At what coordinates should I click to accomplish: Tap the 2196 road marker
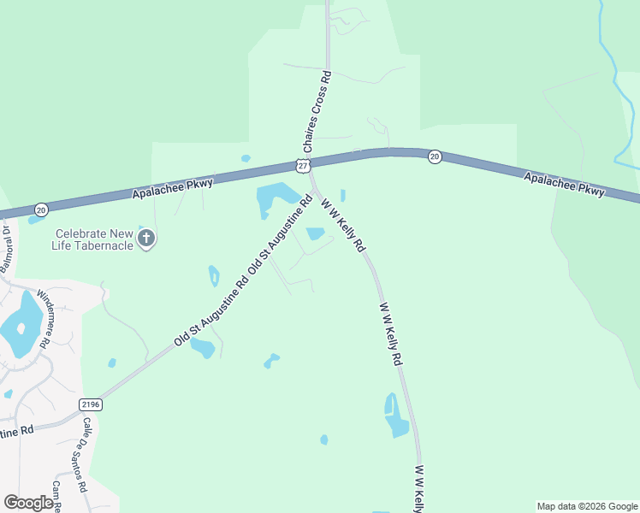tap(91, 404)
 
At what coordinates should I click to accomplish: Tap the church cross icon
tap(146, 238)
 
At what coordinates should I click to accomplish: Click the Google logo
tap(28, 503)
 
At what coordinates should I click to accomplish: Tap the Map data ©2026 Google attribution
tap(587, 506)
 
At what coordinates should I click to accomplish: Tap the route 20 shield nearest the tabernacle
tap(41, 209)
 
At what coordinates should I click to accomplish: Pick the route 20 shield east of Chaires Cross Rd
tap(435, 156)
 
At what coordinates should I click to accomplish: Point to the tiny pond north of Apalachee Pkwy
tap(246, 158)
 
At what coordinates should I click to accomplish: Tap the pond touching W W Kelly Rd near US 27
tap(315, 233)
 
